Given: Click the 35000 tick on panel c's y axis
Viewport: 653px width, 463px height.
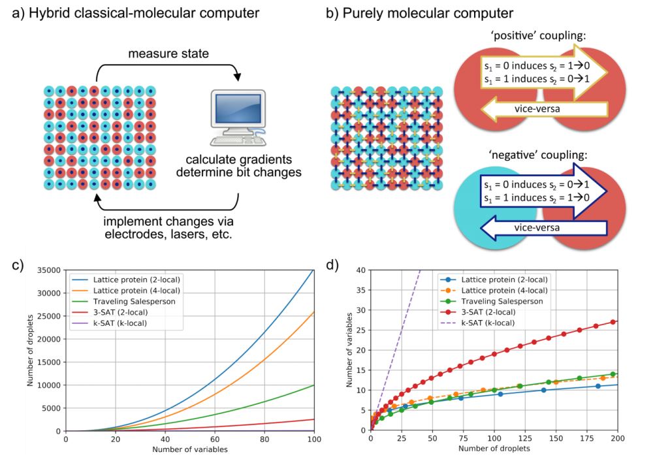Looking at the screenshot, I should (x=46, y=270).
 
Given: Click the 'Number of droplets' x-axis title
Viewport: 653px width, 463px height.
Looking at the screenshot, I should (x=494, y=451).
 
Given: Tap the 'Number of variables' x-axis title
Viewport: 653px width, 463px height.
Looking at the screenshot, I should (x=189, y=451).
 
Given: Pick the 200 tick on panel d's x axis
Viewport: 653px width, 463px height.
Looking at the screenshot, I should (x=617, y=439).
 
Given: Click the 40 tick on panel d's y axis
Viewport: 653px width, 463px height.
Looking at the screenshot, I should (x=360, y=270).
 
